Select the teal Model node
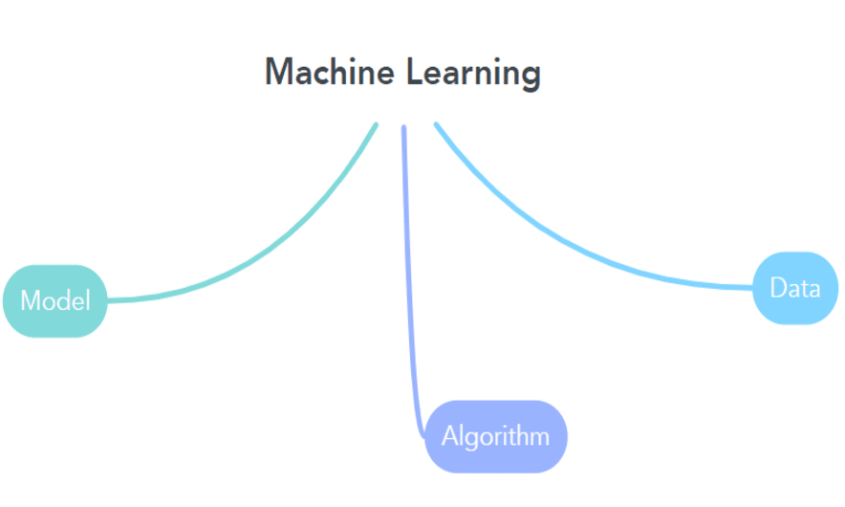[x=54, y=300]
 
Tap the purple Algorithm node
[x=495, y=436]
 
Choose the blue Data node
[x=795, y=288]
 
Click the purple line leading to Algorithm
[x=408, y=287]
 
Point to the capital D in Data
[x=777, y=288]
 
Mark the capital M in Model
[x=30, y=300]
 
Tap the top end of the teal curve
[x=376, y=124]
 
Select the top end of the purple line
[x=403, y=127]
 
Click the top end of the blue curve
[x=436, y=124]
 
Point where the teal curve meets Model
[x=108, y=300]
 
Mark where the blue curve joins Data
[x=753, y=287]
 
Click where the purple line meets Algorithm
[x=425, y=435]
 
